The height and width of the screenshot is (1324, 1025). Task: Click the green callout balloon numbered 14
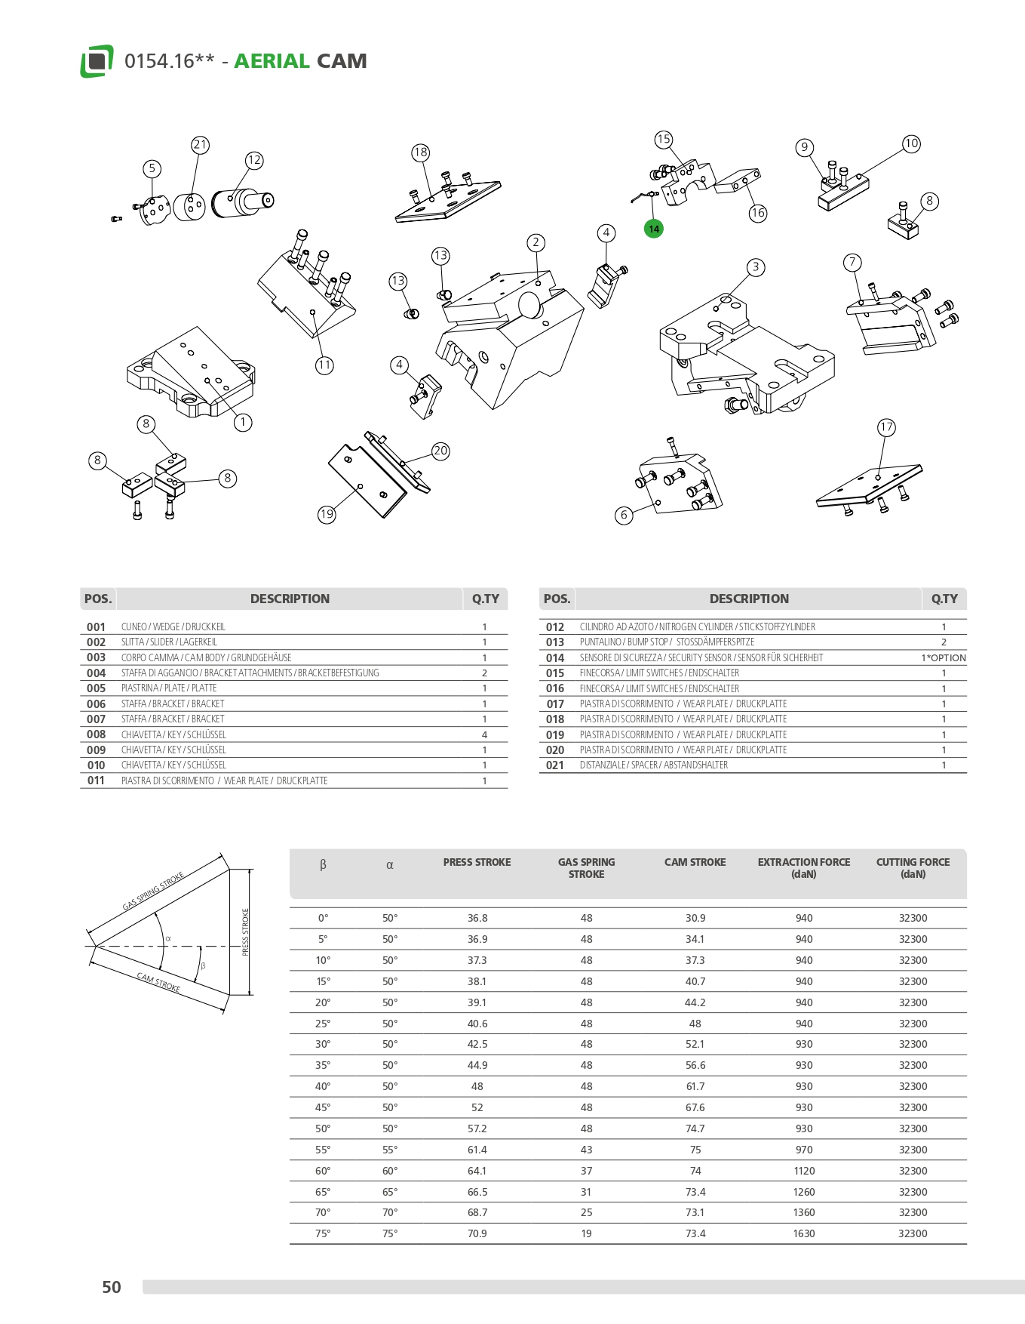point(654,229)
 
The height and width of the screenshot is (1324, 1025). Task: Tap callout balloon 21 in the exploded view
point(200,144)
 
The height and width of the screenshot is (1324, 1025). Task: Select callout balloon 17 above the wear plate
point(886,427)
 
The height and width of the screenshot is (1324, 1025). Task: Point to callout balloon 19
point(327,514)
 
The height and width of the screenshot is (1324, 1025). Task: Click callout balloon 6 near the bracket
point(624,515)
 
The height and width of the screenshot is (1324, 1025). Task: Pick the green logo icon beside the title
point(97,60)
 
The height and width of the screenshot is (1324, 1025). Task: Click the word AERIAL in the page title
point(272,61)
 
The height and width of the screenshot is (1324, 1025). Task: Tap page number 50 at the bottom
point(112,1287)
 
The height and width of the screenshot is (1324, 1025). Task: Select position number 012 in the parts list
point(555,627)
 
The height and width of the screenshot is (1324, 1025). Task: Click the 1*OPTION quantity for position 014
point(944,657)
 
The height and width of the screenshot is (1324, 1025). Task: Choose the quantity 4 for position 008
point(484,734)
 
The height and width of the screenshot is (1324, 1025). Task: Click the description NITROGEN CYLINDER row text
point(697,627)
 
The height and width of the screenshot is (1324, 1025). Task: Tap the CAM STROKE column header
point(695,862)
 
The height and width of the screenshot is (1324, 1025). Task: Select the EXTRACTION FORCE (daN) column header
point(803,868)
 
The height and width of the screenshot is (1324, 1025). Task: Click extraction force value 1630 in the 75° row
point(804,1233)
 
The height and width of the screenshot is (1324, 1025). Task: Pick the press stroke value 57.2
point(477,1128)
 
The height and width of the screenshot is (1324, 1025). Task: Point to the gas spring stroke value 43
point(586,1150)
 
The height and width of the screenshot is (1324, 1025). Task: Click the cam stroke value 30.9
point(695,918)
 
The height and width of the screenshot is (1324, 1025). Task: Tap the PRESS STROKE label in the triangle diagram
point(245,932)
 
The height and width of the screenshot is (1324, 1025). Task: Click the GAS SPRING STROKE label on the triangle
point(153,891)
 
